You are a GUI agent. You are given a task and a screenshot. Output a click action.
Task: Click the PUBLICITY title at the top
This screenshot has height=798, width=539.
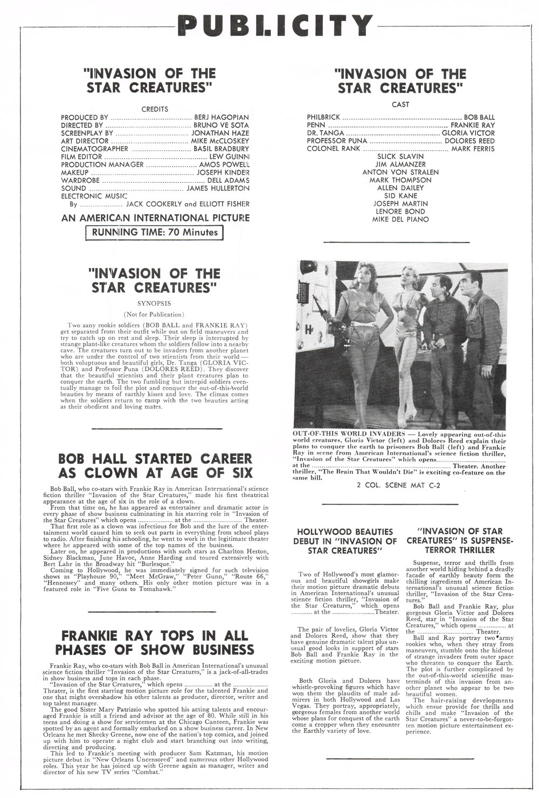click(275, 25)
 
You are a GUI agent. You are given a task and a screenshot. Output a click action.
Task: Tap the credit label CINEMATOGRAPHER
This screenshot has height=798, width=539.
click(94, 149)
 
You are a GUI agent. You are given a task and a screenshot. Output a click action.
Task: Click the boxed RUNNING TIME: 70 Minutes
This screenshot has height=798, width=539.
click(155, 232)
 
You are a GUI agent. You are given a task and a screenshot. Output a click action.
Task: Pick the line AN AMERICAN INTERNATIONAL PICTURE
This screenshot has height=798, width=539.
click(155, 218)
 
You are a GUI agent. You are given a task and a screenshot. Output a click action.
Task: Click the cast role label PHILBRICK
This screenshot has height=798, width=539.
click(323, 117)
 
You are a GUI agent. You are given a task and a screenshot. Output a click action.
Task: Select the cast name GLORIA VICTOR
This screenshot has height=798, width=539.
click(468, 133)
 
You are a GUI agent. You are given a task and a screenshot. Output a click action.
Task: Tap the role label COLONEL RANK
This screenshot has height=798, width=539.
click(333, 148)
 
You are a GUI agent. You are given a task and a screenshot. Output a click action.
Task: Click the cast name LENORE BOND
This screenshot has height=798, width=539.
click(400, 211)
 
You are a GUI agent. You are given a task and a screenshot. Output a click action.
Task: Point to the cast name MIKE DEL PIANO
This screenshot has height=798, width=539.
click(400, 219)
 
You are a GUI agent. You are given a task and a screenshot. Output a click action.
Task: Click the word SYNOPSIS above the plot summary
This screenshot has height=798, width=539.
click(154, 304)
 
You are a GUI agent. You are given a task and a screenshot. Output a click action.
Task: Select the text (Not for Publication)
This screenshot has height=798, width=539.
click(154, 314)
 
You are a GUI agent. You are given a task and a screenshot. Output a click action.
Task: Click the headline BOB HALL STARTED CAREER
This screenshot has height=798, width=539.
click(155, 459)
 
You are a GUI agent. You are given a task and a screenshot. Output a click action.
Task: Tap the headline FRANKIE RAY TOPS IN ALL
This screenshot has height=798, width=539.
click(155, 635)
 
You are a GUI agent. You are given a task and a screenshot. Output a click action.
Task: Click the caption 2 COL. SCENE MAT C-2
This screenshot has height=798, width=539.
click(399, 485)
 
